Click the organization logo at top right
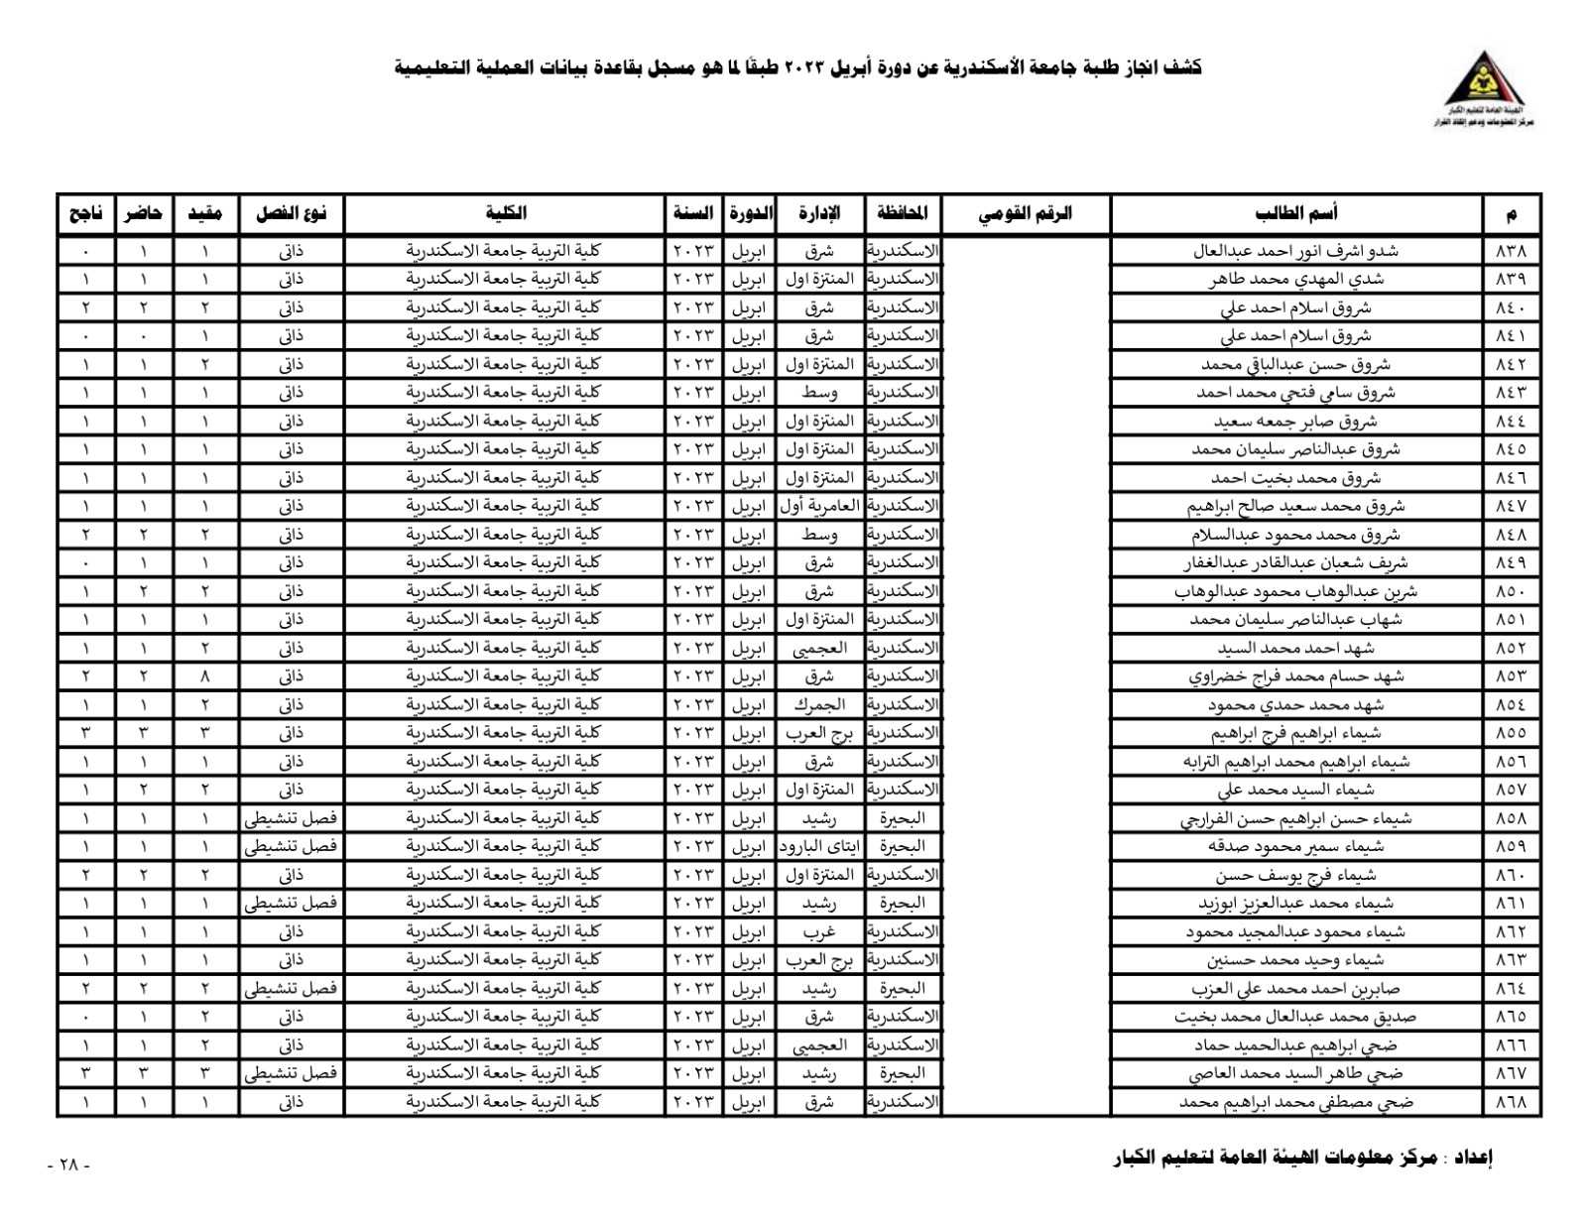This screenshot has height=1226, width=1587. [1484, 89]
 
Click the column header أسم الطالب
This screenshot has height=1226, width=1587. [1296, 213]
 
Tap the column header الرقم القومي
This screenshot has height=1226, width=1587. [1026, 213]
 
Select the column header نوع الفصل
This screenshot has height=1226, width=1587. [291, 213]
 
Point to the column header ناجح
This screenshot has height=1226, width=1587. [85, 213]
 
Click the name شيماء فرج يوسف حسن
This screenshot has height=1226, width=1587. [1295, 875]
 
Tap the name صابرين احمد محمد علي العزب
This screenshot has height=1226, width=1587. [1295, 989]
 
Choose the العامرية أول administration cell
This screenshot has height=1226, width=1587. [819, 506]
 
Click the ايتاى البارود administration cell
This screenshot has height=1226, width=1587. [819, 846]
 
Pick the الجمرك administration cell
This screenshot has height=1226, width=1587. [819, 704]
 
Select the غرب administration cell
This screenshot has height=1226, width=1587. [819, 931]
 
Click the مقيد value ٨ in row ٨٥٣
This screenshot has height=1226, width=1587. [205, 676]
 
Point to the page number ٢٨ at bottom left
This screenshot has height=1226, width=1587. [68, 1165]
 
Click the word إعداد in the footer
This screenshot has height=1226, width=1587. [1473, 1158]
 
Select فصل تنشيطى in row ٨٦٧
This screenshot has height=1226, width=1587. [291, 1073]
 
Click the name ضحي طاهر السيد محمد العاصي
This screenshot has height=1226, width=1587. [1295, 1073]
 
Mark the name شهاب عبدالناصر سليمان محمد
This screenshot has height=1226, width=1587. [1295, 620]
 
